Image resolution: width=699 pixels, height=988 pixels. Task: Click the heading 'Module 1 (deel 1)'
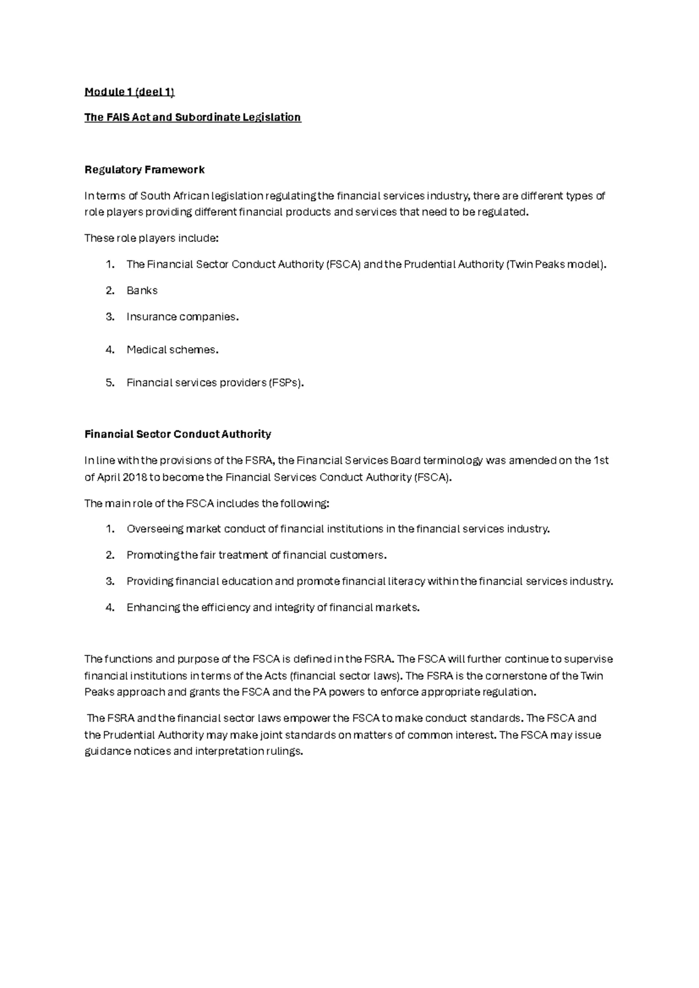click(129, 91)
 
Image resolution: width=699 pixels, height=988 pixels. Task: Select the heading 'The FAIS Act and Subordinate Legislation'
click(192, 117)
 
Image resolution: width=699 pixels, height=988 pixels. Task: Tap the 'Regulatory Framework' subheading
click(144, 170)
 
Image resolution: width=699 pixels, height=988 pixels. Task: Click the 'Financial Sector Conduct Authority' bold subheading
click(178, 434)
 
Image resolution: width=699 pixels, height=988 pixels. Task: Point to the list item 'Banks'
click(142, 290)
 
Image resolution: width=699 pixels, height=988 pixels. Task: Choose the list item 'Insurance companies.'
click(182, 316)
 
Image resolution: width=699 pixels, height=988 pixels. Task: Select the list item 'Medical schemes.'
click(172, 350)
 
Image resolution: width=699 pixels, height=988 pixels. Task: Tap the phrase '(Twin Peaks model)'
click(556, 264)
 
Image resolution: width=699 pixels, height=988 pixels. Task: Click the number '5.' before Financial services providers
click(110, 383)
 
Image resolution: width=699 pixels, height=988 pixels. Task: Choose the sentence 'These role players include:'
click(151, 238)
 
